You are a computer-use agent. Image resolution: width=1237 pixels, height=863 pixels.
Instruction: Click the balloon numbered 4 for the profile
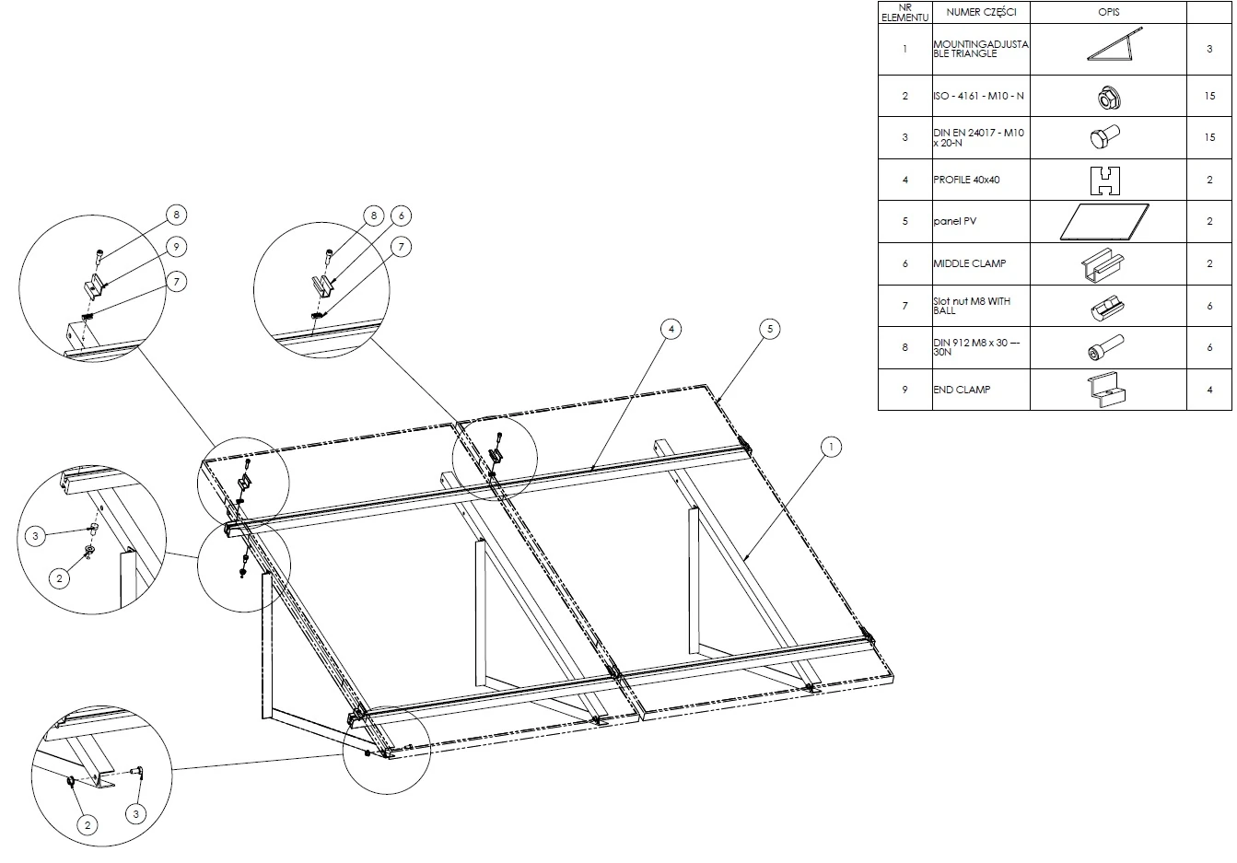671,329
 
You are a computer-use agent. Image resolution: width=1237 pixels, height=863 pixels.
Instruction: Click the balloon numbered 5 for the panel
770,329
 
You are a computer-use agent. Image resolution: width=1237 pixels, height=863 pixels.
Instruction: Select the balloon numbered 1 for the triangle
831,447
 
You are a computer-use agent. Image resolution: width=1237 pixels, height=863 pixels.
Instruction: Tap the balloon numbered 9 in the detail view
176,246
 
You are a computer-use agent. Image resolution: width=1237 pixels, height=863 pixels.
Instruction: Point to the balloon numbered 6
402,216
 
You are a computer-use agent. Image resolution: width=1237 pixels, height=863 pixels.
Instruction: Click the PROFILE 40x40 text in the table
966,180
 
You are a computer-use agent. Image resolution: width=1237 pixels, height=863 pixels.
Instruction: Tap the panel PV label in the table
955,221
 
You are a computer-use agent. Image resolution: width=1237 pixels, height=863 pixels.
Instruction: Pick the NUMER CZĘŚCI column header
981,12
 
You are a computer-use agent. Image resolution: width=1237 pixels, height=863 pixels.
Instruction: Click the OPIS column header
1108,12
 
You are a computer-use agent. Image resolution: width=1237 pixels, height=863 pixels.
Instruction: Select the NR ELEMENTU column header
905,13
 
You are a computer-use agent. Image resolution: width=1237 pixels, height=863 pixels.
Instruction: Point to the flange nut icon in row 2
1108,98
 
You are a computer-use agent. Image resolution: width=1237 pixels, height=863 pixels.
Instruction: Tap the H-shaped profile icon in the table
1105,181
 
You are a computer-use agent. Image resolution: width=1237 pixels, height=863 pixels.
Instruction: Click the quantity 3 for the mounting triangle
1209,49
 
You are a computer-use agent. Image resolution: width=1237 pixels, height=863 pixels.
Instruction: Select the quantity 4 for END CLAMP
1209,390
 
